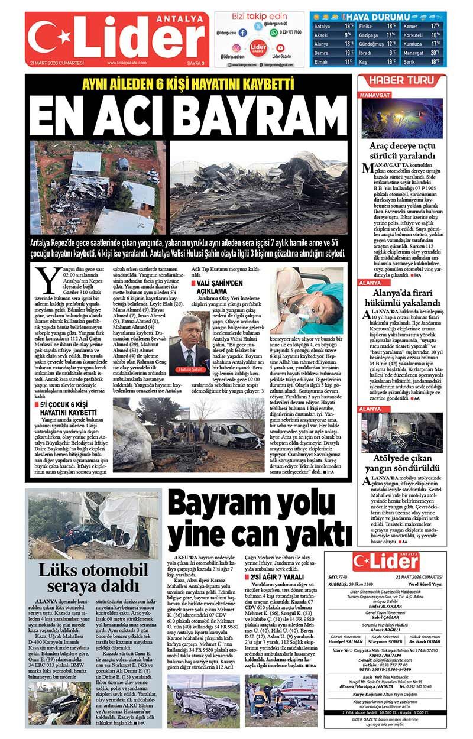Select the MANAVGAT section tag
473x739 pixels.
375,95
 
